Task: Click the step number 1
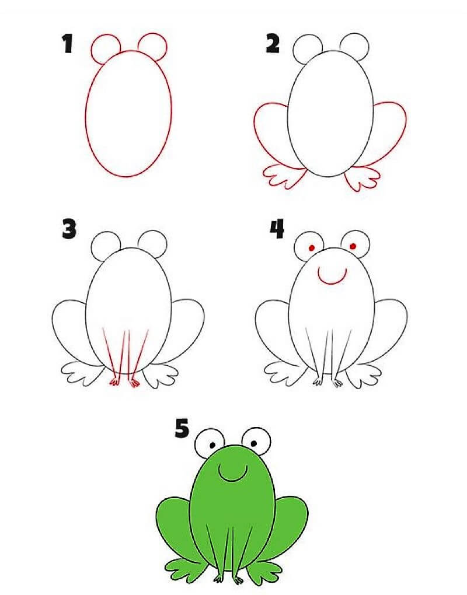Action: (x=68, y=45)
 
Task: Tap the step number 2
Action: (x=272, y=44)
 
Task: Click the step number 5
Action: (x=182, y=430)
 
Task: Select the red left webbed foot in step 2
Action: (x=284, y=175)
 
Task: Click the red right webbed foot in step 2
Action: (x=362, y=177)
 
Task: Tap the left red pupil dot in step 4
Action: (x=312, y=248)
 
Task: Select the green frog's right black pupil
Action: (x=257, y=443)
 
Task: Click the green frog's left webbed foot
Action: (x=186, y=567)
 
